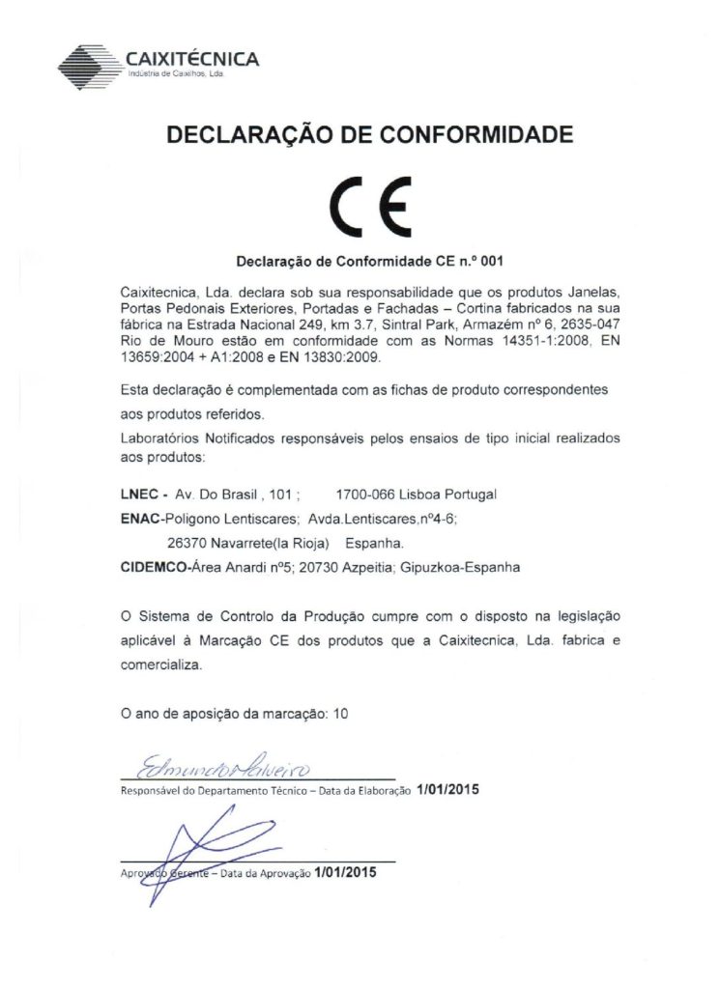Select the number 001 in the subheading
coord(491,262)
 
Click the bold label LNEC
coord(137,494)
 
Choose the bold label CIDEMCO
coord(156,568)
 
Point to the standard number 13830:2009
coord(342,357)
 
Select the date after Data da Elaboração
coord(447,789)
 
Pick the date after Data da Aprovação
coord(343,872)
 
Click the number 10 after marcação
coord(337,715)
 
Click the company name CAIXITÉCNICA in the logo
coord(192,59)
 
